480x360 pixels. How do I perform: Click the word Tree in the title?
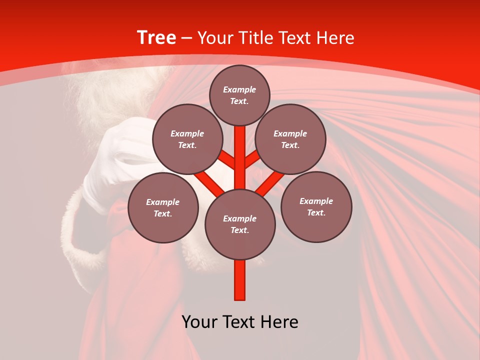(x=156, y=38)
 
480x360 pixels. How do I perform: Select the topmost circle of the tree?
(x=239, y=95)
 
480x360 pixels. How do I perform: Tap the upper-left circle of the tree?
(x=187, y=139)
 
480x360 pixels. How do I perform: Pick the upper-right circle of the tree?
(x=290, y=139)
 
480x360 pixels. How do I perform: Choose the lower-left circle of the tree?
(x=163, y=207)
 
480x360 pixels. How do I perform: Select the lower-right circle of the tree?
(x=316, y=206)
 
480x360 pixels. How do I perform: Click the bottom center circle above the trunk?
(x=240, y=224)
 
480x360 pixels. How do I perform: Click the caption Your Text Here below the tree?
(x=240, y=321)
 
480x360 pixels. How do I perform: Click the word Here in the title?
(x=336, y=38)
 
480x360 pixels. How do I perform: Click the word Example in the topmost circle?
(x=239, y=89)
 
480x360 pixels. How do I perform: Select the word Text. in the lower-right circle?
(x=316, y=212)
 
